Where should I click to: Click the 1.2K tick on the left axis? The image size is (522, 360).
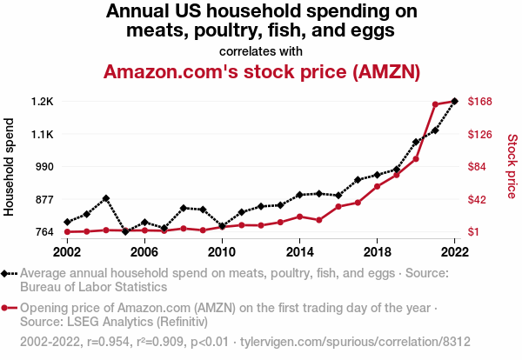coord(43,101)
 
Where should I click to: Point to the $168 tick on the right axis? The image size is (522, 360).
coord(481,101)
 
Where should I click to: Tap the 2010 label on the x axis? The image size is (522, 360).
coord(222,251)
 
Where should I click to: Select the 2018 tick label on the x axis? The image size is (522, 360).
coord(377,251)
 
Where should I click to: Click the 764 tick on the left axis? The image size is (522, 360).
coord(43,232)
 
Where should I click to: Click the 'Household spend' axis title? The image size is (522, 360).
coord(10,166)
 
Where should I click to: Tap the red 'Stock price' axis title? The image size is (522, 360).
coord(512,166)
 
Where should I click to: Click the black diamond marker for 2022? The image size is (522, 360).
coord(454,101)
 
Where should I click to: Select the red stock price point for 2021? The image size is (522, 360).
coord(435,104)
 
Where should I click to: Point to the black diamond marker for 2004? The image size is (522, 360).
coord(106,198)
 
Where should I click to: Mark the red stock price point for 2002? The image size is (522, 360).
coord(67,231)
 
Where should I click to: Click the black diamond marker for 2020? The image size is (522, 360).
coord(416,142)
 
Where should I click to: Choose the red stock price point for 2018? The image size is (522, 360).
coord(377,186)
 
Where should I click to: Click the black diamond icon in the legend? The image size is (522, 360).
coord(6,273)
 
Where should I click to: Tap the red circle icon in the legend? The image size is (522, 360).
coord(6,308)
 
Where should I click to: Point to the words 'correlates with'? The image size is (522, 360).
coord(261,50)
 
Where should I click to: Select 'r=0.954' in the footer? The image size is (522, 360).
coord(106,342)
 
